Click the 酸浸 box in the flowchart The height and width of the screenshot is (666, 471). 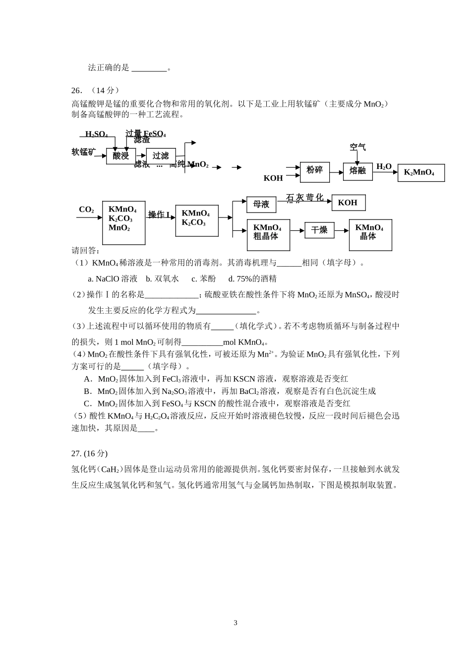tap(120, 156)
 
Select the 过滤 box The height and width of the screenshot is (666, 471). tap(161, 156)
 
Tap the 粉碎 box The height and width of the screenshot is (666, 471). tap(314, 170)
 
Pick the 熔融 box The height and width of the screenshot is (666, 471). tap(357, 171)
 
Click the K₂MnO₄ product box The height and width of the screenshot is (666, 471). tap(420, 173)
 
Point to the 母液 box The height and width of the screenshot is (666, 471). tap(261, 204)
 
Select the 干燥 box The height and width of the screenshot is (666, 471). tap(319, 230)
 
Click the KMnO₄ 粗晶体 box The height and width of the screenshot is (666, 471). tap(267, 233)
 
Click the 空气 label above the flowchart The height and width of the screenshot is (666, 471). tap(357, 147)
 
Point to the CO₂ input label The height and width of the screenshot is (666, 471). tap(86, 210)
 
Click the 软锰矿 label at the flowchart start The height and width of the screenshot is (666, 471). tap(83, 152)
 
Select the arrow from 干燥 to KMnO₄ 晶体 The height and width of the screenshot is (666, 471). tap(342, 230)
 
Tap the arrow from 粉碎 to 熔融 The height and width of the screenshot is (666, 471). tap(336, 172)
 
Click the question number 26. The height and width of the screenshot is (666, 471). tap(76, 90)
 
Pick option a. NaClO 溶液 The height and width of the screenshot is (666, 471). tap(113, 278)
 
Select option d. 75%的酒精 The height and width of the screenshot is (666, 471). tap(252, 278)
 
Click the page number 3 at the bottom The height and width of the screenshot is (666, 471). tap(235, 623)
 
